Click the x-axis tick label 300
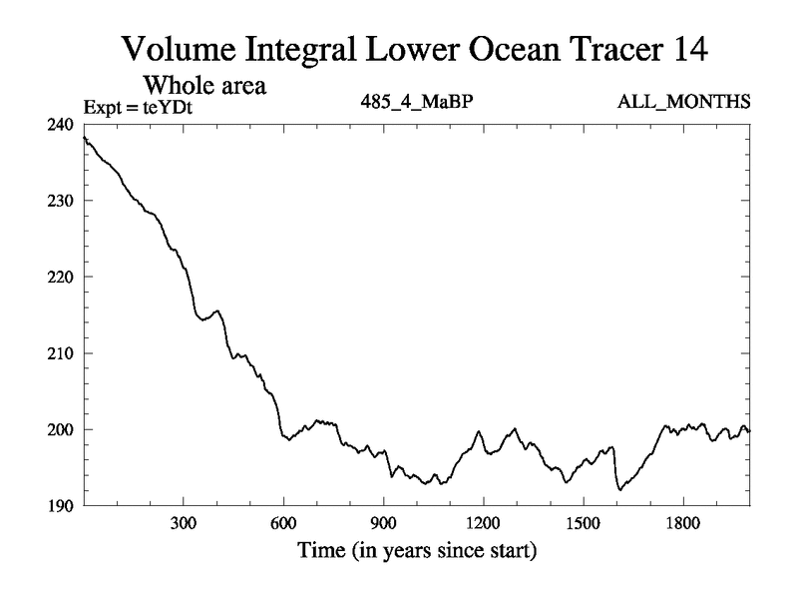(184, 523)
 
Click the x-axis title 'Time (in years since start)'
(416, 550)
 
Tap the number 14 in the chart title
(686, 48)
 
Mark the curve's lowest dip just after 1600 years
(619, 490)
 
